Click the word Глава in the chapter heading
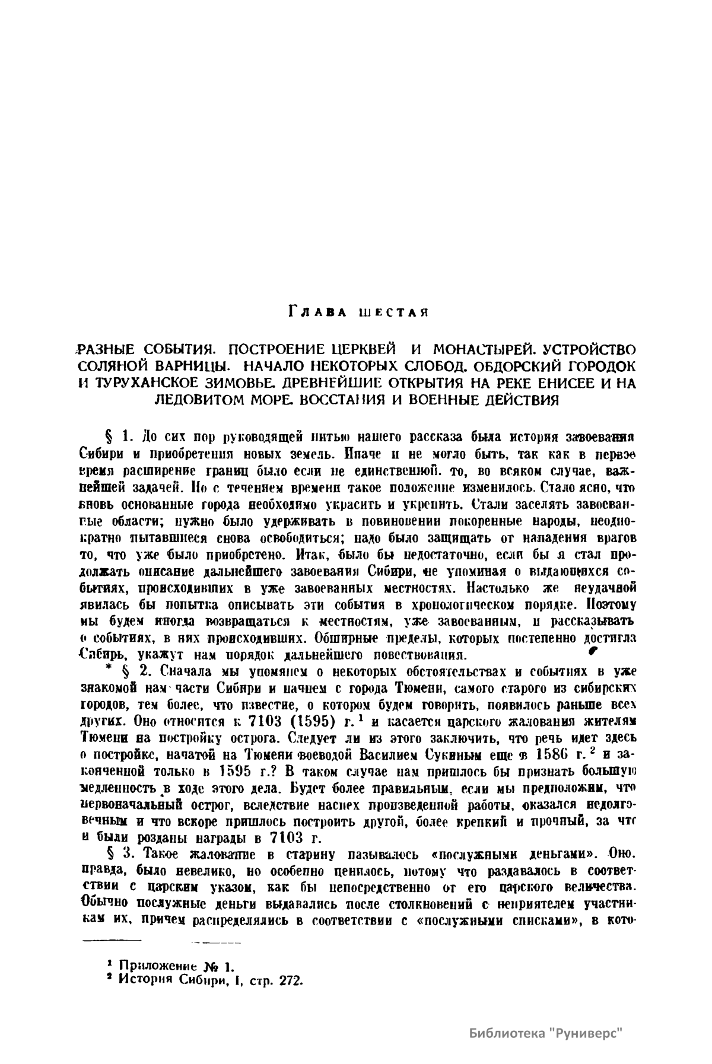[317, 310]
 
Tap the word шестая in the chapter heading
[393, 311]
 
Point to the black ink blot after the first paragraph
[592, 651]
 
